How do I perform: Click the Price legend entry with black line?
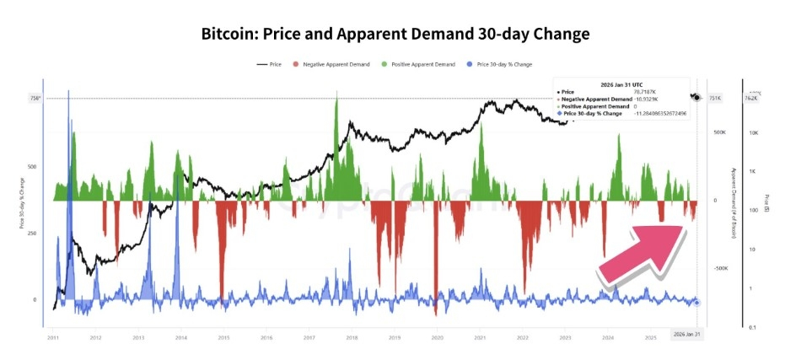(x=270, y=64)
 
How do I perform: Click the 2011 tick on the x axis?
(x=52, y=337)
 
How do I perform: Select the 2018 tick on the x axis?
(x=352, y=337)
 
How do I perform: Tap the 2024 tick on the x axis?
(x=608, y=337)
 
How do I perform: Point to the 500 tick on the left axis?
(x=31, y=167)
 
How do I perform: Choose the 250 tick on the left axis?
(x=31, y=234)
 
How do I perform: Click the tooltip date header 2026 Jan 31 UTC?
(x=620, y=83)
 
